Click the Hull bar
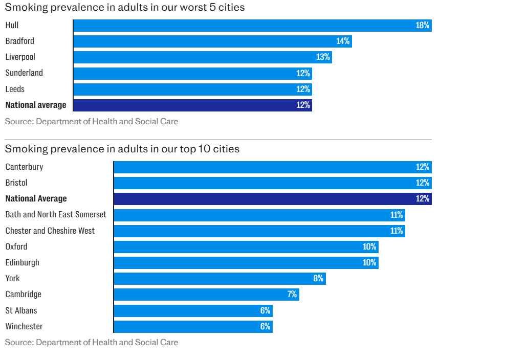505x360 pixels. pyautogui.click(x=252, y=26)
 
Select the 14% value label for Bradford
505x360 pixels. pyautogui.click(x=343, y=41)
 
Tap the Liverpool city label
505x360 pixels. pyautogui.click(x=20, y=57)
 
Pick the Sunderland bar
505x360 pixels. pyautogui.click(x=192, y=73)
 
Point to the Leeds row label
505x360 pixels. pyautogui.click(x=15, y=89)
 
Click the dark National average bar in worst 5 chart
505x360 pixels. pyautogui.click(x=192, y=105)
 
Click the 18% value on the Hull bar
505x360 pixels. pyautogui.click(x=423, y=26)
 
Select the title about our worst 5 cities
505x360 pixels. pyautogui.click(x=125, y=8)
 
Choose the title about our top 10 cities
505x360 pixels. pyautogui.click(x=122, y=149)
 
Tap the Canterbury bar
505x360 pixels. pyautogui.click(x=272, y=167)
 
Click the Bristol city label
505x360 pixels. pyautogui.click(x=16, y=183)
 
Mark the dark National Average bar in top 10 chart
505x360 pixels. pyautogui.click(x=272, y=198)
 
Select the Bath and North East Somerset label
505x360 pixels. pyautogui.click(x=56, y=214)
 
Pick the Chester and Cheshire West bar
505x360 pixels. pyautogui.click(x=259, y=231)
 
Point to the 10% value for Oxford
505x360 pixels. pyautogui.click(x=369, y=246)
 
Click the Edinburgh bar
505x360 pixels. pyautogui.click(x=246, y=262)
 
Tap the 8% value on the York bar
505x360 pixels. pyautogui.click(x=318, y=278)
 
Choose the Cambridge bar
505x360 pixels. pyautogui.click(x=206, y=294)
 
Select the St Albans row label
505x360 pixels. pyautogui.click(x=21, y=310)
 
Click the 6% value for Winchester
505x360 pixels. pyautogui.click(x=265, y=326)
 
